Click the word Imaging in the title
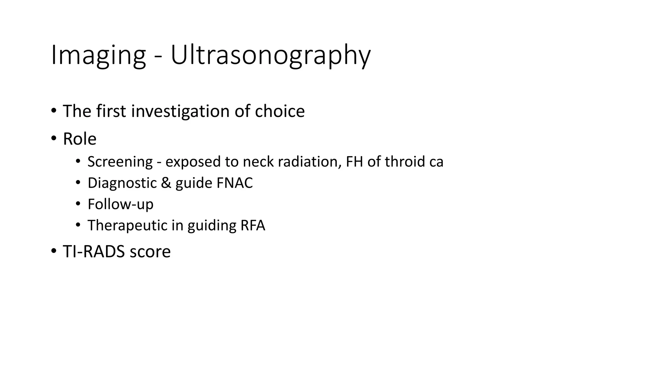pos(98,55)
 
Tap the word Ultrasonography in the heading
pos(270,55)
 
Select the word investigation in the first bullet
pos(181,111)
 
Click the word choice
pos(280,111)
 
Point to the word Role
pos(80,139)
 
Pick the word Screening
pos(120,162)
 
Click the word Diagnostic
pos(122,183)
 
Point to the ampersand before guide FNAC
pos(166,183)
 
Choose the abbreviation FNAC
pos(235,183)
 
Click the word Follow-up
pos(121,204)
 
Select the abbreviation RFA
pos(253,225)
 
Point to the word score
pos(150,252)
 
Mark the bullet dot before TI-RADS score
pos(54,251)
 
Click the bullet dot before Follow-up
pos(78,204)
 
